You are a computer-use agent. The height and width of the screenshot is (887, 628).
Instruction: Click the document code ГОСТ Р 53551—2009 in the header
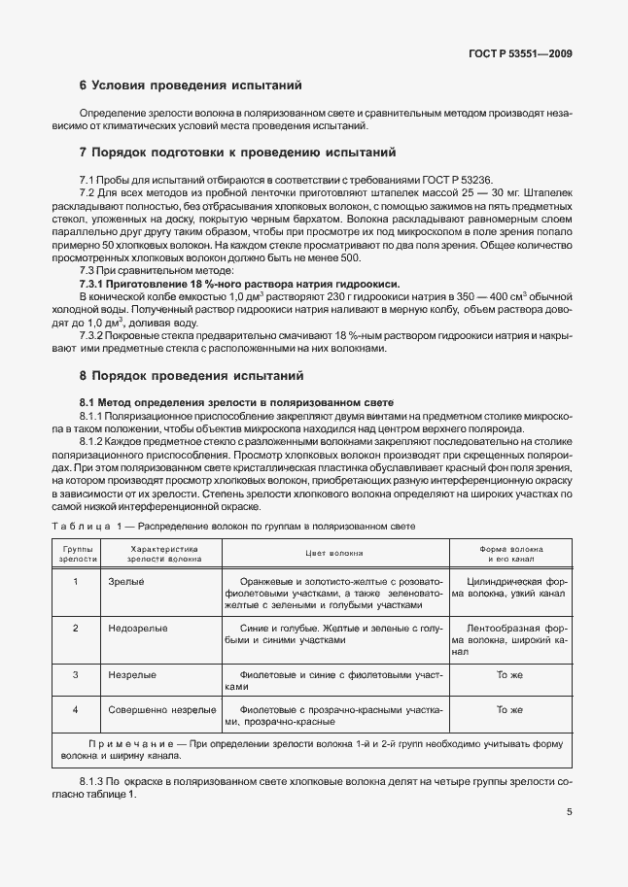point(514,54)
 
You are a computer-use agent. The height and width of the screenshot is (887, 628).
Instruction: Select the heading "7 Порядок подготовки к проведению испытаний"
point(237,153)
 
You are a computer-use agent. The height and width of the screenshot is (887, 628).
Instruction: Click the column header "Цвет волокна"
point(334,554)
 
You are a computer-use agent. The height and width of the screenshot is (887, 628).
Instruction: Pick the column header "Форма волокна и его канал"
point(510,555)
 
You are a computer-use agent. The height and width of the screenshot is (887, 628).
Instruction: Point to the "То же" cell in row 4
point(510,710)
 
